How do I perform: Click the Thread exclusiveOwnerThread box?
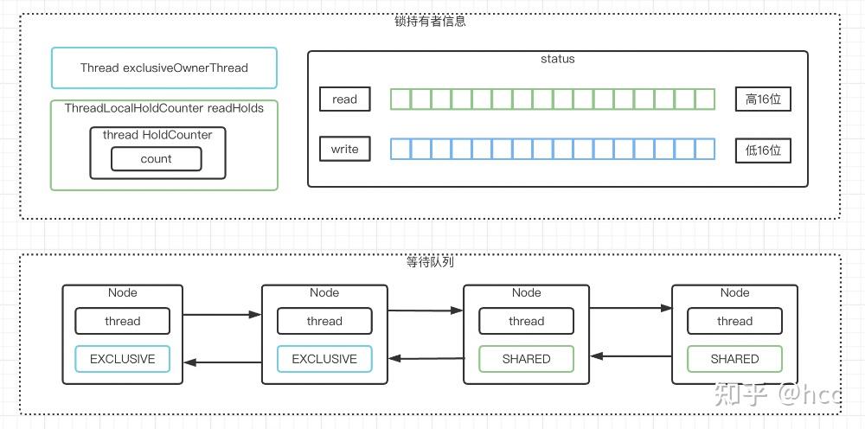pos(163,67)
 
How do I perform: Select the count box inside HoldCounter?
pos(156,159)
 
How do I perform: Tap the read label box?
pos(345,99)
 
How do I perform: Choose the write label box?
pos(345,149)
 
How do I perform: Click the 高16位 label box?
pos(763,99)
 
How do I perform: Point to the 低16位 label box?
pos(763,150)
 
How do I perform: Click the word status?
pos(557,59)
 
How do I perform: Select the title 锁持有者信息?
pos(430,22)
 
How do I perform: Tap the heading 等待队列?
pos(430,262)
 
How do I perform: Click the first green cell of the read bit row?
pos(400,99)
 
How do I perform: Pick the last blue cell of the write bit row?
pos(705,149)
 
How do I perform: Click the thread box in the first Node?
pos(123,321)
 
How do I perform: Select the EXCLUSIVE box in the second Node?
pos(324,359)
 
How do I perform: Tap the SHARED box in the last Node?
pos(734,359)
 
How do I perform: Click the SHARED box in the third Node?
pos(526,359)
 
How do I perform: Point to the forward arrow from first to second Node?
pos(221,315)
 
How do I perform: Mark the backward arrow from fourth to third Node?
pos(631,356)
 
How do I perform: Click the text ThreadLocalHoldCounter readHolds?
pos(163,108)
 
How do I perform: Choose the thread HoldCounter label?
pos(157,135)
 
